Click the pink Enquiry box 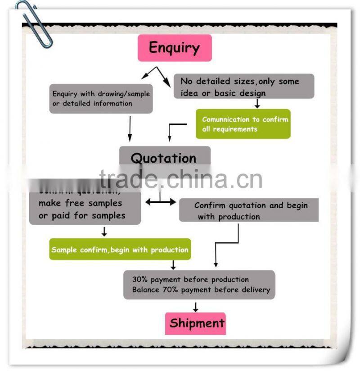click(x=175, y=48)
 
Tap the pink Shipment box click(x=195, y=324)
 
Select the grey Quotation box click(x=164, y=158)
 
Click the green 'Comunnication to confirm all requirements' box click(x=243, y=124)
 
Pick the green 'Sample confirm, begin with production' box click(x=120, y=250)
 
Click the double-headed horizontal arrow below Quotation click(x=160, y=202)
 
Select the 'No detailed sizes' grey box click(x=243, y=87)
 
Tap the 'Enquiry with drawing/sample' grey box click(x=101, y=99)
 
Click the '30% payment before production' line click(x=190, y=279)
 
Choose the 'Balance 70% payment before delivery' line click(x=201, y=290)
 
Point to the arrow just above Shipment click(x=195, y=307)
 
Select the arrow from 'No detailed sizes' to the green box click(x=257, y=104)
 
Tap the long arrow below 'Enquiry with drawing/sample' click(x=130, y=129)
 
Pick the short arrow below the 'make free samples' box click(x=104, y=232)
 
